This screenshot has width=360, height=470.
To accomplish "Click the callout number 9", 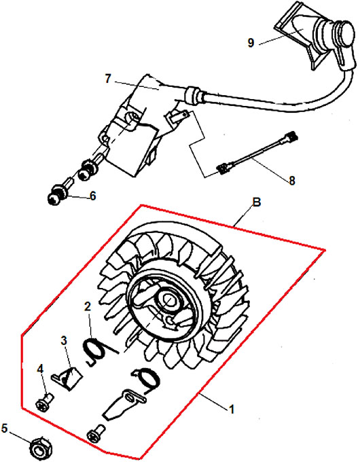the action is tap(251, 43).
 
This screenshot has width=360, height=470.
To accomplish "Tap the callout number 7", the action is tap(108, 79).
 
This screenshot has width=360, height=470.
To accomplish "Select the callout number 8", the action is tap(291, 181).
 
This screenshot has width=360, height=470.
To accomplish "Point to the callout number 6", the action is tap(92, 196).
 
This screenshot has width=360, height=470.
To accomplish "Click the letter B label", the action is tap(257, 202).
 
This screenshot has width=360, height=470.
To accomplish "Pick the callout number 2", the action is tap(88, 306).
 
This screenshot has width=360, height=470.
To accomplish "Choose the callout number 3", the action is tap(64, 340).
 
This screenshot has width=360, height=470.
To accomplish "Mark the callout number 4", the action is tap(40, 369).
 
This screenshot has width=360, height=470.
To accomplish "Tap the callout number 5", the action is tap(4, 429).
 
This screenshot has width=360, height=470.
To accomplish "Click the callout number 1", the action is tap(232, 409).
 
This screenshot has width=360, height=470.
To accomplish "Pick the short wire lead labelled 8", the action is tap(258, 153).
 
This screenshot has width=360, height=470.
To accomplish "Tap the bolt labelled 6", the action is tap(60, 192).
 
